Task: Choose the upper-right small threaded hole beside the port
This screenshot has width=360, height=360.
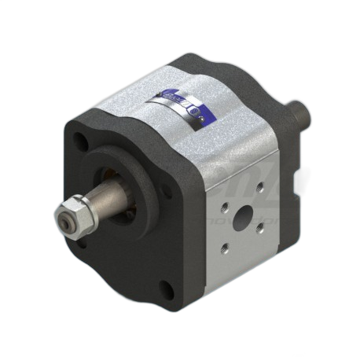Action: point(260,190)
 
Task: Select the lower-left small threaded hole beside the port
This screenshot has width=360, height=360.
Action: point(226,248)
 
